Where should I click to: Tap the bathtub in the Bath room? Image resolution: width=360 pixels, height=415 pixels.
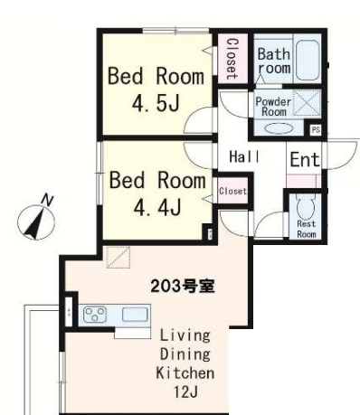[308, 60]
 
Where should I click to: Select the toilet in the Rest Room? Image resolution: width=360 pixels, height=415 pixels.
[306, 207]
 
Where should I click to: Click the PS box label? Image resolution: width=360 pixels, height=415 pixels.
[316, 130]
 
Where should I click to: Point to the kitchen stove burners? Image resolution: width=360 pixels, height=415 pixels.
[95, 315]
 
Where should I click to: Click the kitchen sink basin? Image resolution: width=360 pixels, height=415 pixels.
[135, 315]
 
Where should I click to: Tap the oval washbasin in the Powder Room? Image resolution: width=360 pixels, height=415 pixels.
[279, 128]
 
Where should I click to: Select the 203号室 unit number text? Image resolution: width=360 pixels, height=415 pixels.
[183, 286]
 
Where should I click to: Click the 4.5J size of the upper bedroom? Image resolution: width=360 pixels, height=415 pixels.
[156, 103]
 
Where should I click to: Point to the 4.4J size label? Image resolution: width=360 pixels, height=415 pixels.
[156, 207]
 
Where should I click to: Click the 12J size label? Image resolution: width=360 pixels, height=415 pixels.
[185, 392]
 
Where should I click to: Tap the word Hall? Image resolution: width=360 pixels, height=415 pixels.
[244, 156]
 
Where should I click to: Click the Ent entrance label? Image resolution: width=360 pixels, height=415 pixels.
[305, 159]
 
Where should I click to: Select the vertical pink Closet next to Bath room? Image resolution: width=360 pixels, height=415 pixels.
[232, 59]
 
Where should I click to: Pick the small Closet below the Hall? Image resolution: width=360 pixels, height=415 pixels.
[232, 191]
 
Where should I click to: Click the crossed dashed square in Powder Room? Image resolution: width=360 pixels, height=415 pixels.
[307, 103]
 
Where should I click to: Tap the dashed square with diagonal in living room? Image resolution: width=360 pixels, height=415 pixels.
[118, 257]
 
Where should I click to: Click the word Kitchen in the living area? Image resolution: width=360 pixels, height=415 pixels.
[185, 373]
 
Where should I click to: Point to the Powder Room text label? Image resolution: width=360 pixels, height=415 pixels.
[273, 107]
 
